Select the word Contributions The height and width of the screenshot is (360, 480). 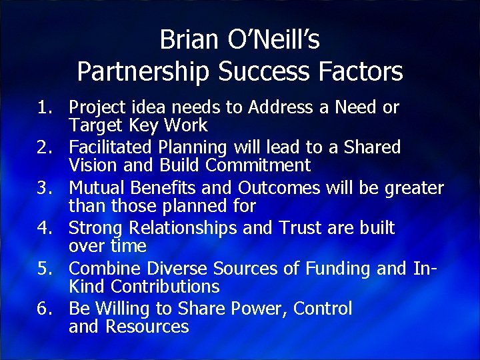pos(165,287)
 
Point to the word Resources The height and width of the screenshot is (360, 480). pos(147,327)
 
